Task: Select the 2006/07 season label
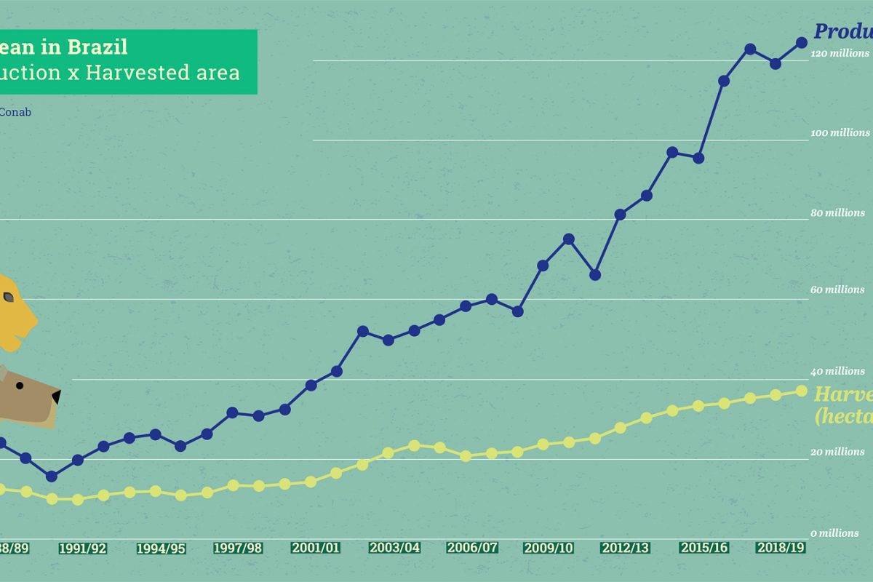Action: pyautogui.click(x=472, y=548)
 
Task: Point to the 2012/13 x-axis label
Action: pyautogui.click(x=626, y=548)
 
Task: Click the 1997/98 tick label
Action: pyautogui.click(x=237, y=548)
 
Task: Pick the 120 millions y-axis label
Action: pyautogui.click(x=841, y=53)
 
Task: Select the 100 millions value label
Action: pyautogui.click(x=841, y=133)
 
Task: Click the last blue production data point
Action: pyautogui.click(x=802, y=43)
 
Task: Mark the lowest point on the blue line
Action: pyautogui.click(x=52, y=476)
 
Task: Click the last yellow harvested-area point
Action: pyautogui.click(x=802, y=391)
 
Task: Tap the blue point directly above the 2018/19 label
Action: pyautogui.click(x=776, y=63)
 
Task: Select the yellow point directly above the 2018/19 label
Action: pyautogui.click(x=776, y=394)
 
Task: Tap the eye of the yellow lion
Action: pyautogui.click(x=9, y=297)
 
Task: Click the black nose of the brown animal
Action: pyautogui.click(x=55, y=397)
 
